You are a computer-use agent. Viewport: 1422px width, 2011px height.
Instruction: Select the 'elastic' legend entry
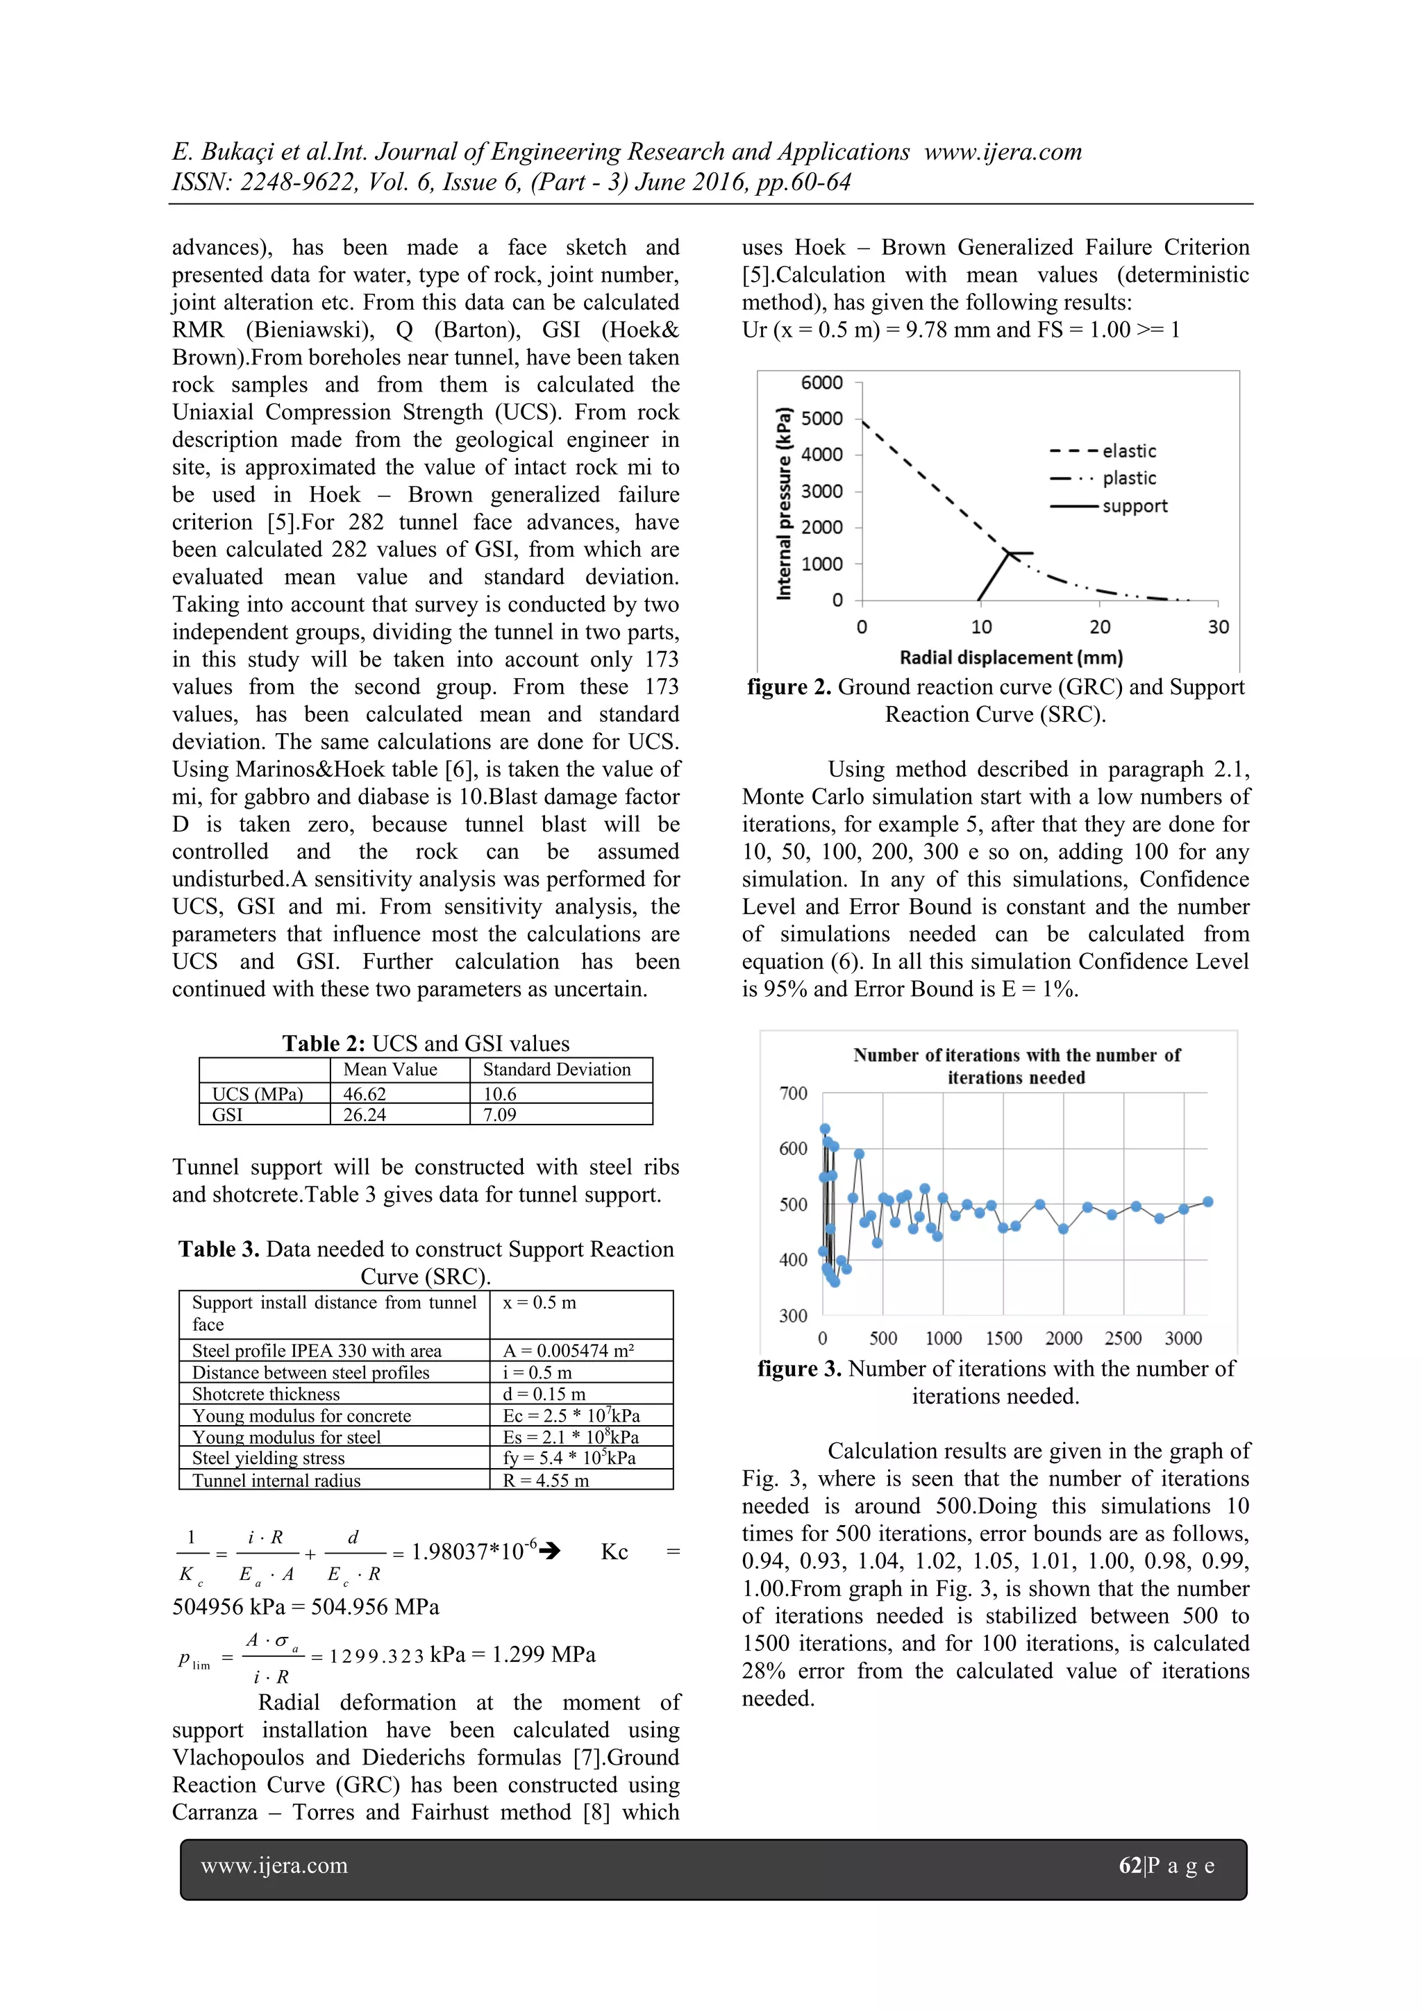point(1128,451)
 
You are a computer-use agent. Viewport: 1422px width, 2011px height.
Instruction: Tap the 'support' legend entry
point(1134,506)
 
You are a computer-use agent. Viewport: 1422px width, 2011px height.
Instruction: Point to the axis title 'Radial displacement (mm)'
point(1011,657)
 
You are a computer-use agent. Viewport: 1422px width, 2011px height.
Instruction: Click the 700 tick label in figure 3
point(793,1093)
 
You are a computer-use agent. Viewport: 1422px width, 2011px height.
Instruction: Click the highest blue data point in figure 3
point(824,1129)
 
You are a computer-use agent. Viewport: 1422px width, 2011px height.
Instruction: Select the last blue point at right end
point(1207,1202)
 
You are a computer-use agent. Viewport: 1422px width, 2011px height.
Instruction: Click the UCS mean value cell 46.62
point(365,1094)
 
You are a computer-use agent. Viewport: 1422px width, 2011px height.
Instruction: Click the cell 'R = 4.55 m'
point(545,1480)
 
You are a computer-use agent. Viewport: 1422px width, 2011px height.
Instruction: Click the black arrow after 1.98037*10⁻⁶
point(549,1551)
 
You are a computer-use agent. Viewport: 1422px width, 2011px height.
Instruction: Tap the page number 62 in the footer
point(1130,1866)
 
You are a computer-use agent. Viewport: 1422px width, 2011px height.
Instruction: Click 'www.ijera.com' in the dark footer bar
point(274,1866)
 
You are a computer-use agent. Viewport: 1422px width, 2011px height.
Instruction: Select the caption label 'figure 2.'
point(789,687)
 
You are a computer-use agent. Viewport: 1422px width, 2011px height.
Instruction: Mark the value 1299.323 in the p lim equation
point(377,1656)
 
